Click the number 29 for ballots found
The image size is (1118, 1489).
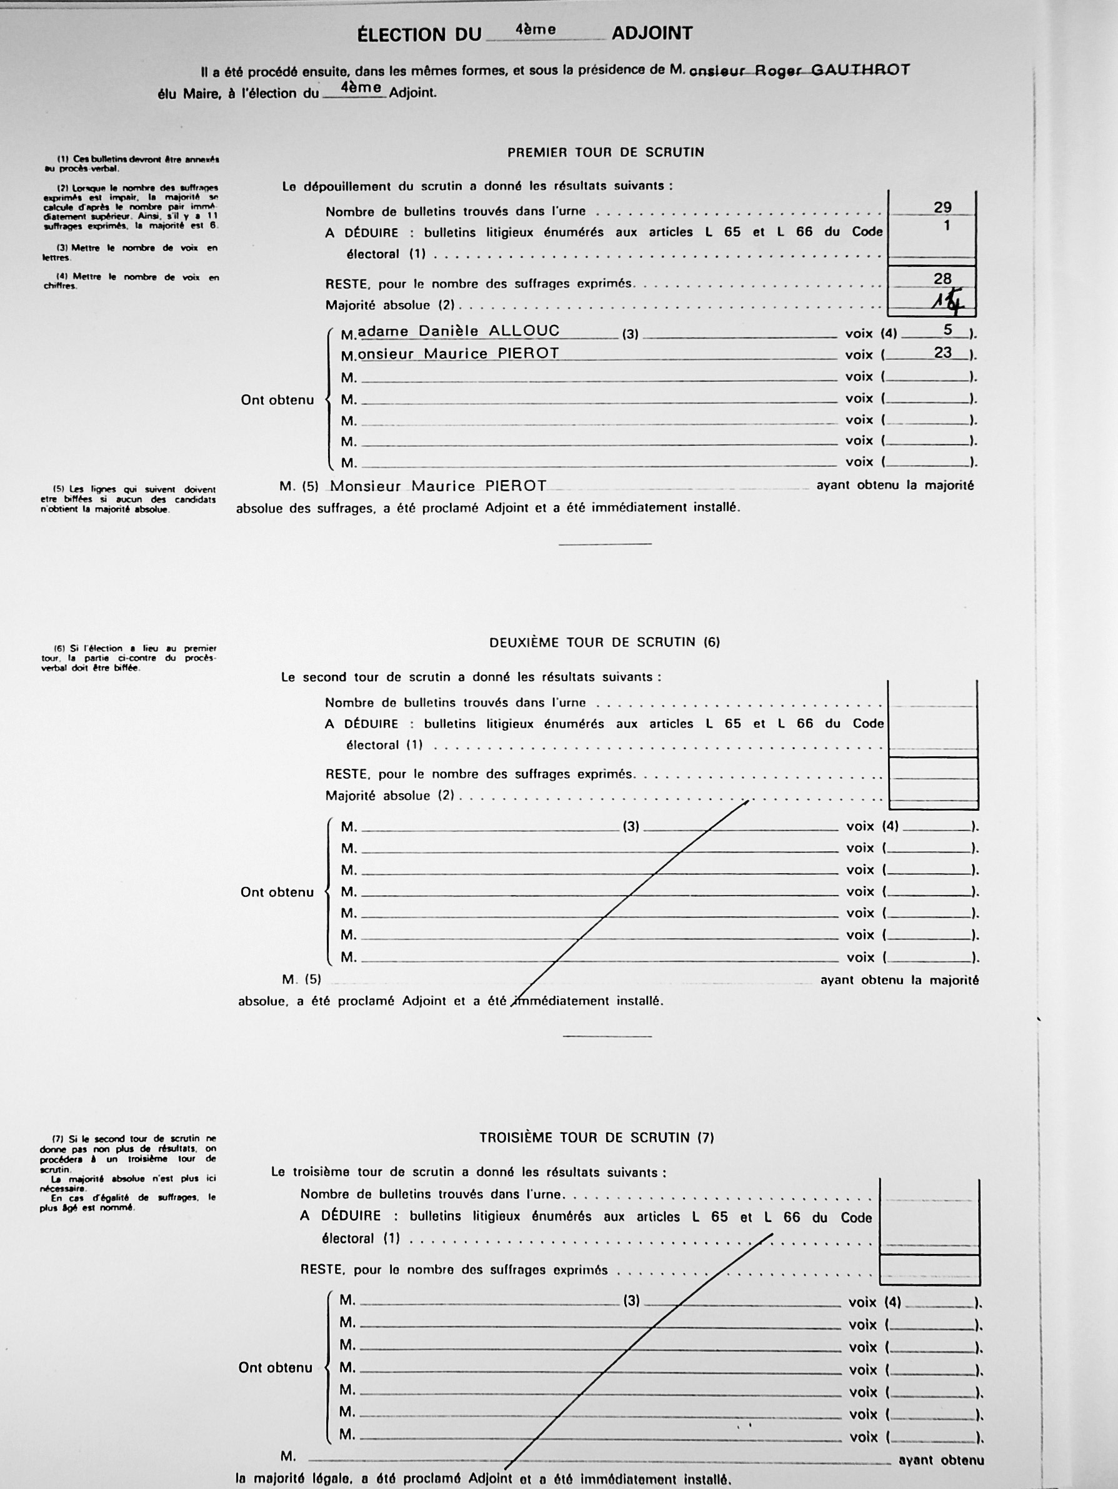(x=942, y=208)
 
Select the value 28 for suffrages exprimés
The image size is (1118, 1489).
(x=942, y=279)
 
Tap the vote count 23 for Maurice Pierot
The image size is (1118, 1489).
(x=942, y=352)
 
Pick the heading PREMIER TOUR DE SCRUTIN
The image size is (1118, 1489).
(x=605, y=153)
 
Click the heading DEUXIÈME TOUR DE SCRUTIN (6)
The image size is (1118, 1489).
(x=604, y=642)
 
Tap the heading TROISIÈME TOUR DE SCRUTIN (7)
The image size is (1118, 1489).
(x=596, y=1138)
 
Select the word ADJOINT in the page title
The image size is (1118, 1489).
(x=652, y=34)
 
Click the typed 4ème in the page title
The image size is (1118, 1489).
(x=535, y=30)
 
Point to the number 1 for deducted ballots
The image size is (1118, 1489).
(x=946, y=226)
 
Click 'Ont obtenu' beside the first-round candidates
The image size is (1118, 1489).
(x=277, y=400)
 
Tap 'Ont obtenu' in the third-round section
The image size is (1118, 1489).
(x=276, y=1367)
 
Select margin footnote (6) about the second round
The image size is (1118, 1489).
(x=128, y=658)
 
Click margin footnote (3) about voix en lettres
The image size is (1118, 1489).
(x=130, y=253)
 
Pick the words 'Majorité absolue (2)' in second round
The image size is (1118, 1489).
(x=390, y=796)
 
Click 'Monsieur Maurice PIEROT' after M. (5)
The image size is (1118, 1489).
(x=437, y=486)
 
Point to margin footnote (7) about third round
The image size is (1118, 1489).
(x=128, y=1173)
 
